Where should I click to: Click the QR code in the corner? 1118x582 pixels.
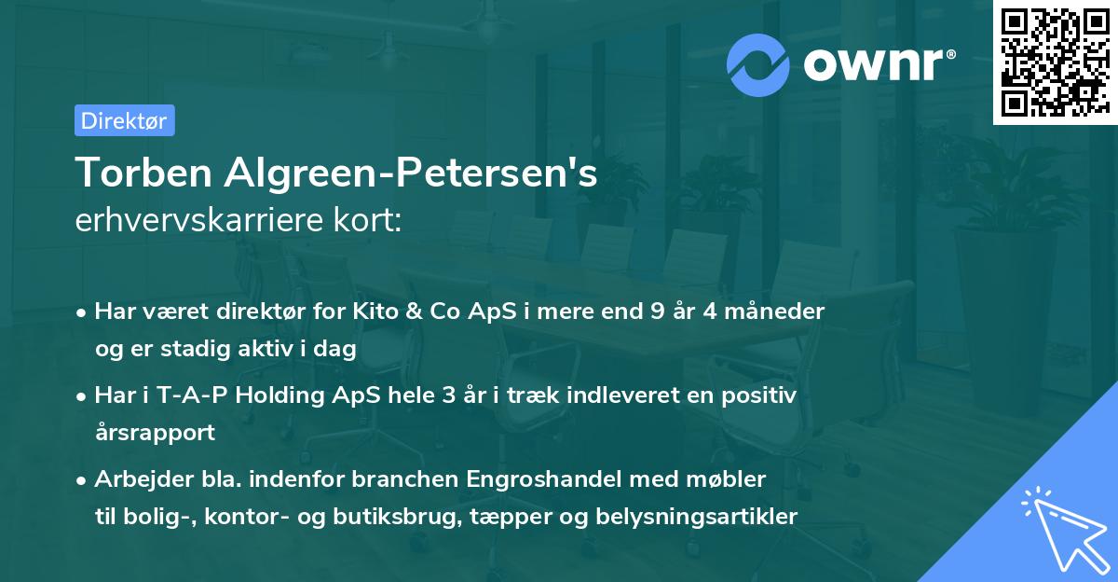pyautogui.click(x=1054, y=62)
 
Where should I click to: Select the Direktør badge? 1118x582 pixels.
pyautogui.click(x=124, y=120)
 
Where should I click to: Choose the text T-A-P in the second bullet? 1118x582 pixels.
pyautogui.click(x=188, y=395)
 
